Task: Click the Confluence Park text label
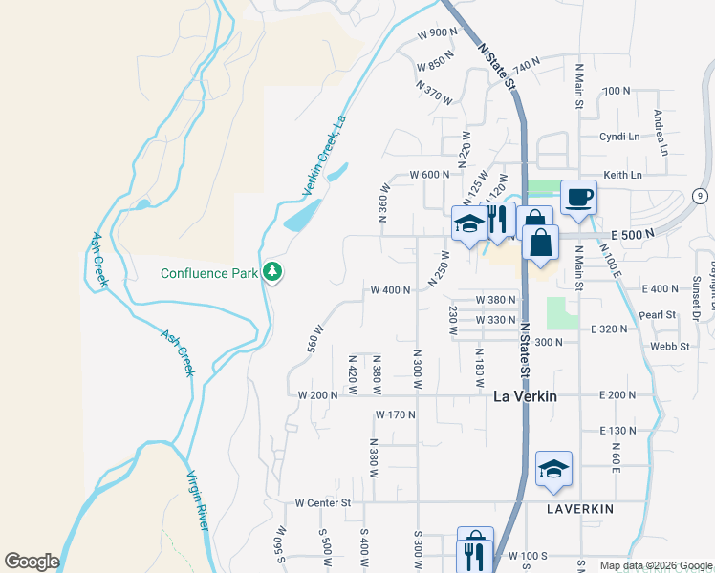(209, 273)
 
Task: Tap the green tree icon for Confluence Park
(274, 273)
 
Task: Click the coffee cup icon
(578, 198)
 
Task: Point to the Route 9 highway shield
(701, 196)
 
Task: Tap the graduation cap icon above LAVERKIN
(553, 469)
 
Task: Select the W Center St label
(323, 502)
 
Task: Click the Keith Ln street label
(621, 175)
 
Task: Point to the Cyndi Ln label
(618, 137)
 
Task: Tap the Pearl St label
(658, 314)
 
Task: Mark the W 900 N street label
(438, 33)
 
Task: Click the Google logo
(32, 562)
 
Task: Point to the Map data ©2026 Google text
(655, 565)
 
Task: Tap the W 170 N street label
(395, 414)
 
